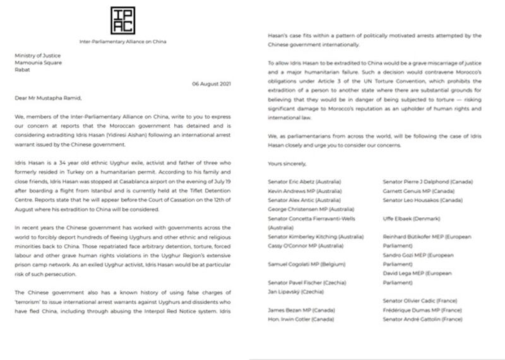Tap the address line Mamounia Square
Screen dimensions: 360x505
[36, 63]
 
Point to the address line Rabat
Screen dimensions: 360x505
[22, 70]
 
